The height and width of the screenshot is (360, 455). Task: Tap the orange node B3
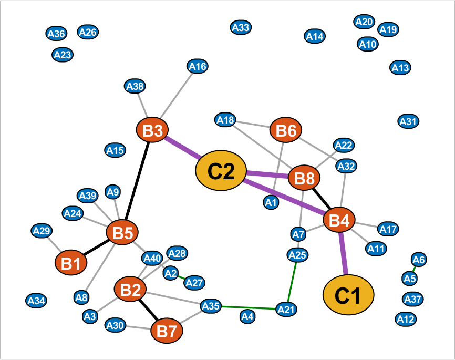(152, 131)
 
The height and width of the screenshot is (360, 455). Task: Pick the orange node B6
(286, 131)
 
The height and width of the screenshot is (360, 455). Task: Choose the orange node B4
(339, 221)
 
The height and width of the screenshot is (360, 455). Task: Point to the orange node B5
(122, 232)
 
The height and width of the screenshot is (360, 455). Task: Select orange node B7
(167, 331)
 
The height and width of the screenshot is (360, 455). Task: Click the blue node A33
(241, 27)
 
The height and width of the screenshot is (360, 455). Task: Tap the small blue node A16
(198, 66)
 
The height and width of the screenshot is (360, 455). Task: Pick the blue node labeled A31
(408, 121)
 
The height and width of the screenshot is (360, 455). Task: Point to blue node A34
(36, 301)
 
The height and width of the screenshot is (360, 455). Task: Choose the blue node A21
(286, 309)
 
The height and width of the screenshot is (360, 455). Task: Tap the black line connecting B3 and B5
(138, 181)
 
